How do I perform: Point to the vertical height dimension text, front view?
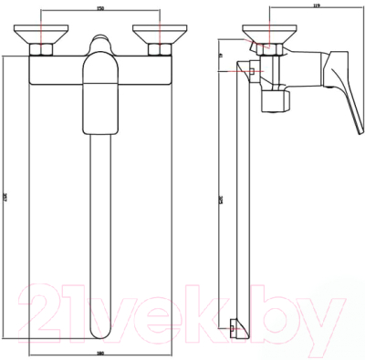(9, 201)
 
